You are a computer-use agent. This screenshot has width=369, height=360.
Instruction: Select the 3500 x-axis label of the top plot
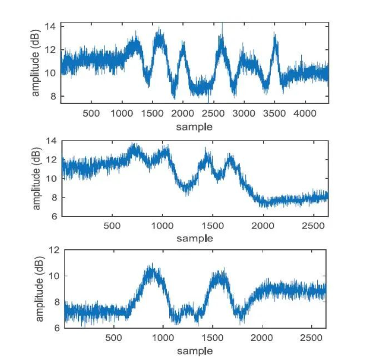[x=275, y=113]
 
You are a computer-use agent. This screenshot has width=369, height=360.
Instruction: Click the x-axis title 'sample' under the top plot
[x=195, y=127]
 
